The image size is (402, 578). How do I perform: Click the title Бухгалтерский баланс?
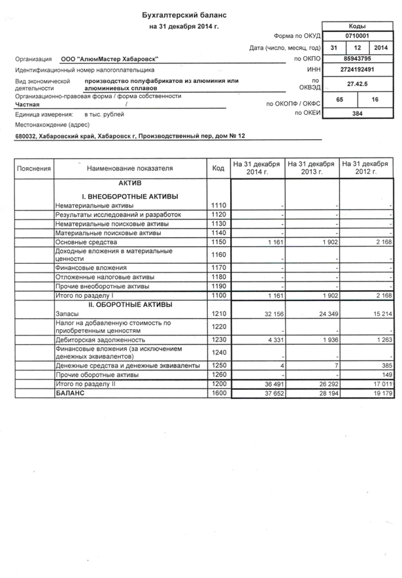click(186, 14)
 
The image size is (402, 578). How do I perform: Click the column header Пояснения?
click(34, 168)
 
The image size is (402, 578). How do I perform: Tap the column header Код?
click(218, 168)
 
